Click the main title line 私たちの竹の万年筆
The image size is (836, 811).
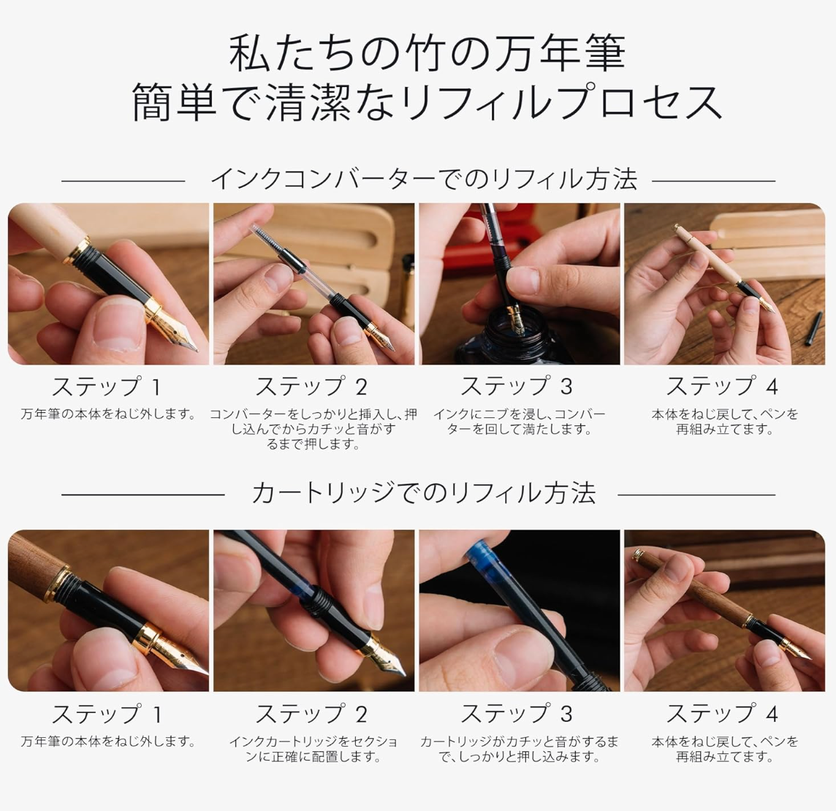[427, 53]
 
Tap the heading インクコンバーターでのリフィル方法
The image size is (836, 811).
[424, 179]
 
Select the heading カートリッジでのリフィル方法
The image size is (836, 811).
[424, 492]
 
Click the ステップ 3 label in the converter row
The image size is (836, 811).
[517, 387]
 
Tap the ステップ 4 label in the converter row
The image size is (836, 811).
[722, 387]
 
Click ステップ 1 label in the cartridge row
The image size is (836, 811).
[107, 714]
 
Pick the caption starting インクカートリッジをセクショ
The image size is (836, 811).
[313, 749]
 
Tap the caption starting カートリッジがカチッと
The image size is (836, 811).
[520, 749]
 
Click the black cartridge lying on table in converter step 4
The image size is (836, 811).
[814, 329]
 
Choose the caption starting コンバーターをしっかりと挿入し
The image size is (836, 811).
[313, 429]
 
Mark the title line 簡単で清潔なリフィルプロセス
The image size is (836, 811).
[427, 102]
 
